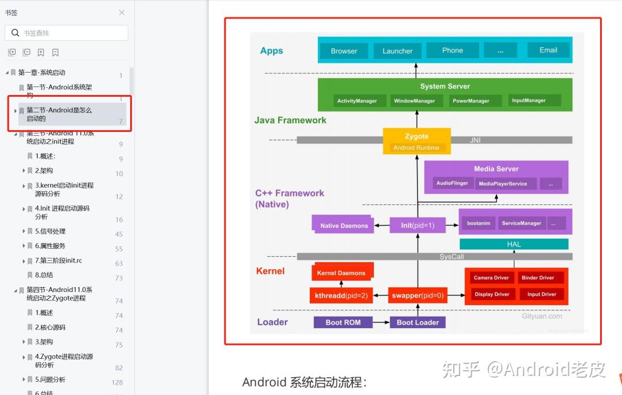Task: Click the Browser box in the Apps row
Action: tap(344, 51)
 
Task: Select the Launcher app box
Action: tap(397, 51)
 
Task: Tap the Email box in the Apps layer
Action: tap(548, 50)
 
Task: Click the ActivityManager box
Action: tap(357, 101)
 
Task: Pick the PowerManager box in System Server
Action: tap(471, 101)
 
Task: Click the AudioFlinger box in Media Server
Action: tap(452, 183)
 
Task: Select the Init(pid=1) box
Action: tap(418, 225)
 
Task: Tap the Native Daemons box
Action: tap(344, 225)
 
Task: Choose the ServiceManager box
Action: tap(521, 223)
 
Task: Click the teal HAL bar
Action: tap(514, 244)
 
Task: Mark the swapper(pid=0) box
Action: tap(418, 295)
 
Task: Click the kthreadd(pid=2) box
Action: tap(341, 295)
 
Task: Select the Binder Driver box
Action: tap(538, 278)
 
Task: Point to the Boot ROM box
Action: tap(343, 322)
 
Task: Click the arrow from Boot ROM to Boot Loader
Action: tap(381, 322)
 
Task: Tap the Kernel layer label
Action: tap(270, 271)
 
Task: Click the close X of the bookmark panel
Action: tap(122, 13)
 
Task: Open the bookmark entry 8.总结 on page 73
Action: tap(44, 275)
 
